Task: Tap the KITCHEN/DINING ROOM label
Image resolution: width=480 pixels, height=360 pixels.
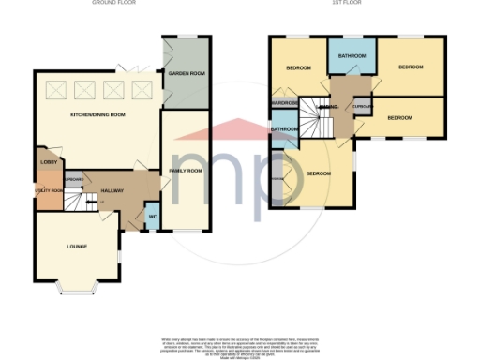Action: (97, 115)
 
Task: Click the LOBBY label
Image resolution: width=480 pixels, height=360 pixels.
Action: (49, 163)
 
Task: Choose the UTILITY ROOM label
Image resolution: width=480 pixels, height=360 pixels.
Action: (49, 190)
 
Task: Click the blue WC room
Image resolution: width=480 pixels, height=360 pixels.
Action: (152, 220)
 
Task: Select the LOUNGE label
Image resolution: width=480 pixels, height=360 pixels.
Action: (77, 247)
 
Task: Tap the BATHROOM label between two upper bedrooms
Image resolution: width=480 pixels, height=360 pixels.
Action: (352, 55)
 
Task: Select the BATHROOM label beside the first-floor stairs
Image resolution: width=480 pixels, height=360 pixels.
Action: (284, 128)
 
